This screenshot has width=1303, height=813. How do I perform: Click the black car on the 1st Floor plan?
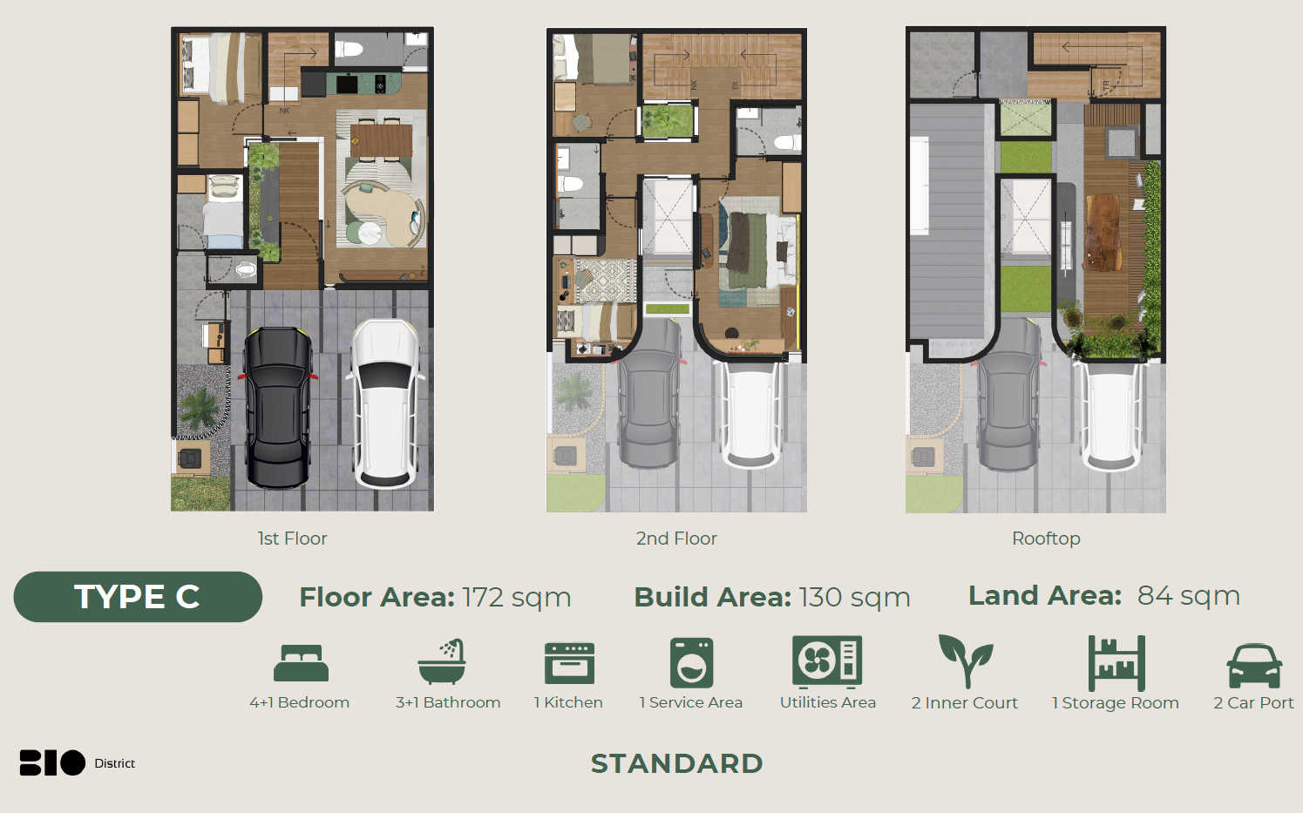(x=278, y=407)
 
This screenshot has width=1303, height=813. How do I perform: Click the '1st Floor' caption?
(x=292, y=539)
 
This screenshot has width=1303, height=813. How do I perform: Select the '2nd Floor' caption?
(x=676, y=539)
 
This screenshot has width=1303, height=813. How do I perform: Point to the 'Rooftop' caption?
(x=1046, y=539)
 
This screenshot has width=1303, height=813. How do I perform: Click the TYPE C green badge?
(x=138, y=597)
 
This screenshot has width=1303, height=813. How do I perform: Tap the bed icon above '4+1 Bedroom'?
(x=301, y=662)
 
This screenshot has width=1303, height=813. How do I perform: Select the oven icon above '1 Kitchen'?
(x=569, y=663)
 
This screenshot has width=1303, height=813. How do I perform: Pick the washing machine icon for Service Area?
(x=692, y=663)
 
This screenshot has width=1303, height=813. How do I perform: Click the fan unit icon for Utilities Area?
(x=826, y=661)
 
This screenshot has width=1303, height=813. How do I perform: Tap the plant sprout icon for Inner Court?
(x=966, y=661)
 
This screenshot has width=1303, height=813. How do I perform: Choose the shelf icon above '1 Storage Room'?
(x=1116, y=663)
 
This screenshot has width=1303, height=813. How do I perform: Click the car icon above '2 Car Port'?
(x=1254, y=666)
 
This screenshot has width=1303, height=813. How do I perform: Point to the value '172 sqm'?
(x=517, y=597)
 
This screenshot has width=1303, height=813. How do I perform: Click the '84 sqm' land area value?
(x=1189, y=595)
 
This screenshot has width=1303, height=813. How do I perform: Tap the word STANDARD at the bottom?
(x=676, y=763)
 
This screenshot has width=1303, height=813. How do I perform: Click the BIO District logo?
(x=78, y=762)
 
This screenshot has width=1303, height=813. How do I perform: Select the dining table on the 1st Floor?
(x=381, y=141)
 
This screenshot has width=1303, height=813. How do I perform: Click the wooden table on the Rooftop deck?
(x=1103, y=233)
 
